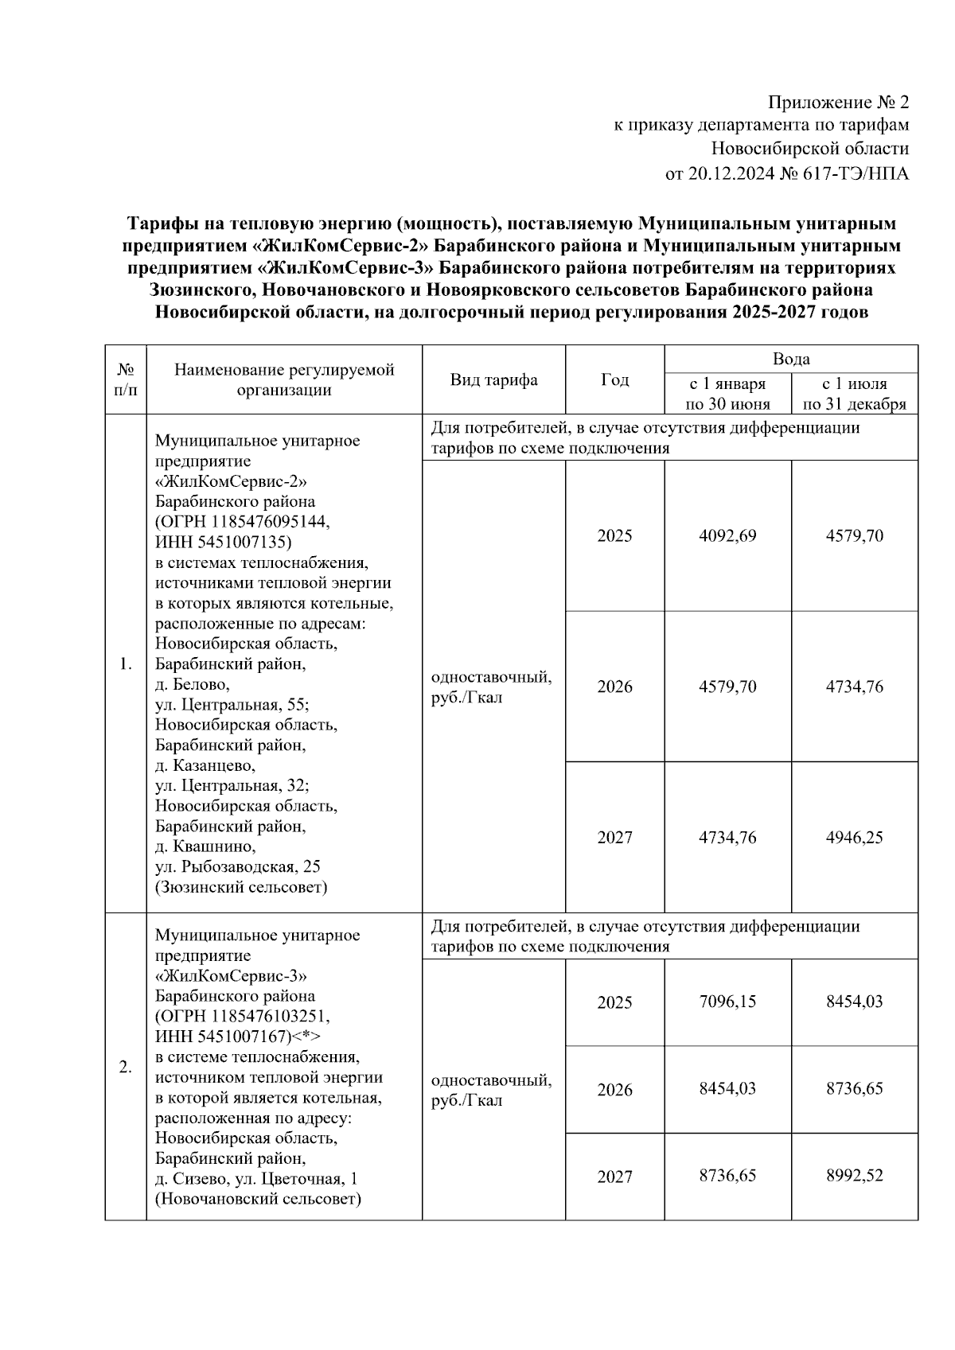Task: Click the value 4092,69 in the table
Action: (727, 535)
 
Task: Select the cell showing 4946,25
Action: (854, 837)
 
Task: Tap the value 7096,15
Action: (727, 1002)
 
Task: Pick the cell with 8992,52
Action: (854, 1176)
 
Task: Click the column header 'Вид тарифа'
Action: (493, 380)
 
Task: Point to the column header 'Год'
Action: (614, 380)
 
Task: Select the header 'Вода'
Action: (791, 359)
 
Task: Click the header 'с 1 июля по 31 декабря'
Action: (855, 394)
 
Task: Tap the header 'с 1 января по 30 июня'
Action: (727, 394)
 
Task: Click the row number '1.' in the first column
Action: (126, 664)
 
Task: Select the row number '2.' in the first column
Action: (126, 1068)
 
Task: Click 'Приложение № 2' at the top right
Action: (838, 103)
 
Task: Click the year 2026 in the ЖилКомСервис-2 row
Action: (614, 687)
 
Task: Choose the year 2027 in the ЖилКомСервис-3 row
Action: (614, 1177)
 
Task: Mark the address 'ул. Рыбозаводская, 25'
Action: (238, 866)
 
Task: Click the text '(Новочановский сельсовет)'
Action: (258, 1199)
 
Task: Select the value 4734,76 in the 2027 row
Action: (727, 837)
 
